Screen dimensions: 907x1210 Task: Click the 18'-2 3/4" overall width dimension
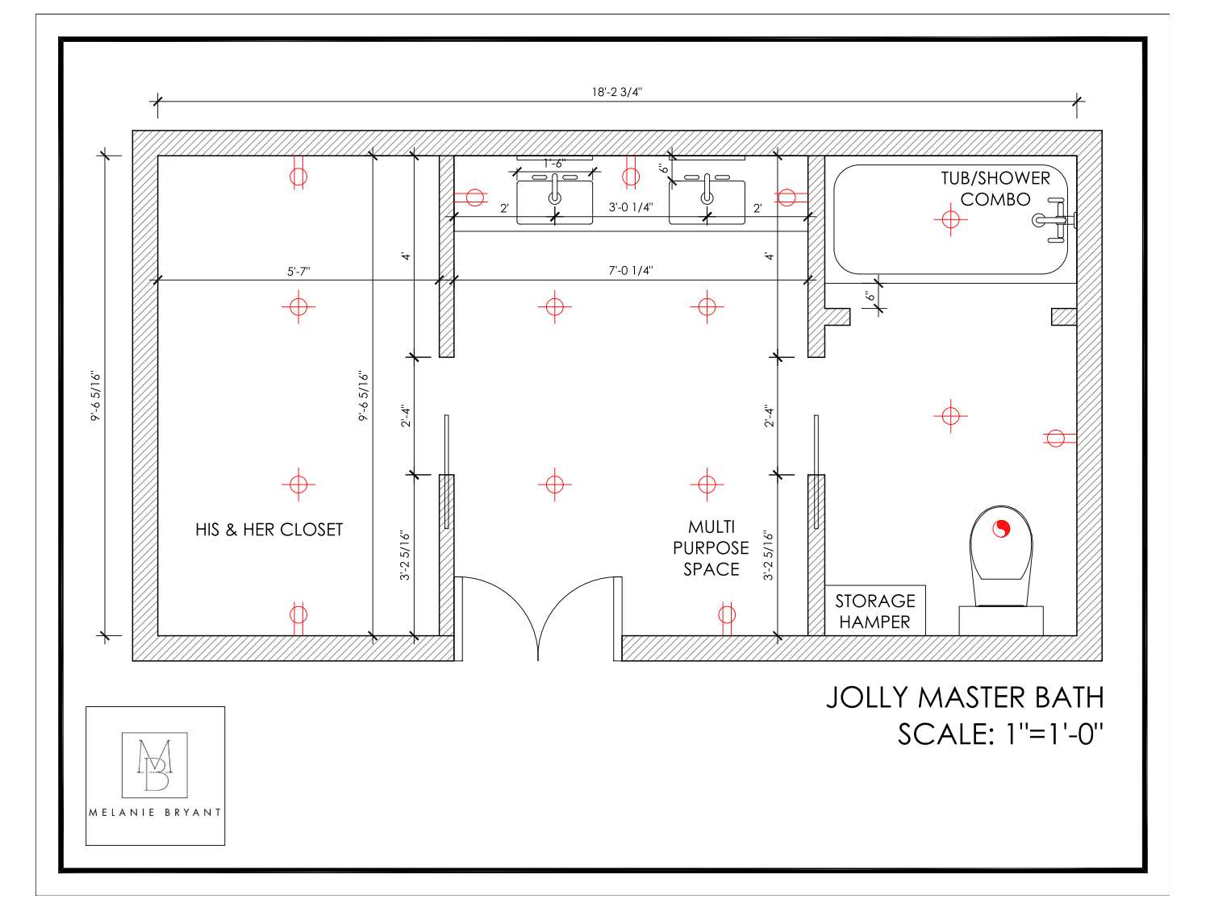click(616, 92)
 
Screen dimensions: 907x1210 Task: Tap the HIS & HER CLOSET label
click(269, 530)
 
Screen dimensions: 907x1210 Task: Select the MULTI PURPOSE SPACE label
click(711, 548)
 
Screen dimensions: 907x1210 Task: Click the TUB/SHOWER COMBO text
click(995, 189)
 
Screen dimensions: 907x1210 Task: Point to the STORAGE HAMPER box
click(874, 611)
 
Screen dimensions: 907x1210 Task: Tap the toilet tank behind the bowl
click(1000, 620)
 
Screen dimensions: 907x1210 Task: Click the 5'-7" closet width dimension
click(298, 272)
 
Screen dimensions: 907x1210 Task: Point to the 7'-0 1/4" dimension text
click(630, 271)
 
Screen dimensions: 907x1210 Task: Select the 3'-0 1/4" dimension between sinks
click(630, 207)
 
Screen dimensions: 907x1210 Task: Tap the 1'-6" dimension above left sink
click(554, 163)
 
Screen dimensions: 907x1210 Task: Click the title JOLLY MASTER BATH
click(964, 697)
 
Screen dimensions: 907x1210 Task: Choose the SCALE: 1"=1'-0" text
click(999, 734)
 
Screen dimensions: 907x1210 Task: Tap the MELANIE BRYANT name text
click(155, 813)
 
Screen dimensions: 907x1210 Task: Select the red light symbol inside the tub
click(950, 218)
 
